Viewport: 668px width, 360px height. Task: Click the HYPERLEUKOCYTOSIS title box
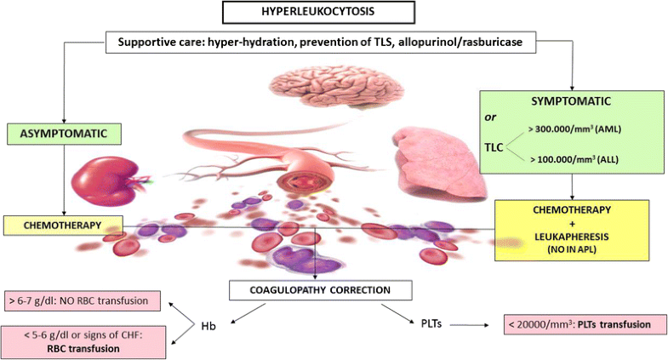pyautogui.click(x=334, y=13)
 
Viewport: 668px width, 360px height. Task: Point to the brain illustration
pyautogui.click(x=323, y=90)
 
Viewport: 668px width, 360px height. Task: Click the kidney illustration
pyautogui.click(x=108, y=182)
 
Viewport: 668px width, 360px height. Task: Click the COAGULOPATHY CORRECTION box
pyautogui.click(x=321, y=290)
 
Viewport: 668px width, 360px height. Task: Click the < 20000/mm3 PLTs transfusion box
pyautogui.click(x=582, y=324)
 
